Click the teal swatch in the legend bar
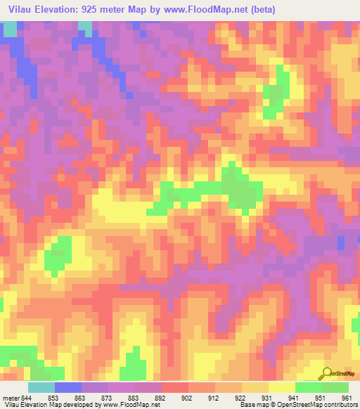[41, 387]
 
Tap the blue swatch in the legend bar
[68, 387]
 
